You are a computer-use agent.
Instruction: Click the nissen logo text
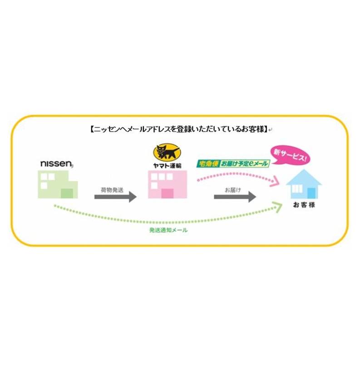(x=57, y=164)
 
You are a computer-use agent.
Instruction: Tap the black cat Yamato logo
(x=167, y=153)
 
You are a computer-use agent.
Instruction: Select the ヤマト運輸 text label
(x=167, y=166)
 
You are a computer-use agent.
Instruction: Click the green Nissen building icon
(x=58, y=185)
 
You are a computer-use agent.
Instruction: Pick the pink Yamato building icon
(x=168, y=185)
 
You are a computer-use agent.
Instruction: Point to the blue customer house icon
(x=304, y=184)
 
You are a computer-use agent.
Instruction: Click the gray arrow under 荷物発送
(x=115, y=197)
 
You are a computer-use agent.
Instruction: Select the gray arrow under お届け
(x=235, y=197)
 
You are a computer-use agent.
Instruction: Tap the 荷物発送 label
(x=112, y=190)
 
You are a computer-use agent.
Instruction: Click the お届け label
(x=233, y=190)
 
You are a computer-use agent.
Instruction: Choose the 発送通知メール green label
(x=168, y=230)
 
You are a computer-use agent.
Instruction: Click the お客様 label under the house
(x=304, y=205)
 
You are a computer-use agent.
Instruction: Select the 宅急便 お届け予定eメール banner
(x=233, y=164)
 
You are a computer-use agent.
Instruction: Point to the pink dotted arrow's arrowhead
(x=275, y=181)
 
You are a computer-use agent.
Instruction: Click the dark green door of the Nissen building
(x=67, y=194)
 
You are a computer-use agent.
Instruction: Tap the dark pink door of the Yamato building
(x=168, y=194)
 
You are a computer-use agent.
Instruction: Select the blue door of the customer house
(x=311, y=193)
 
